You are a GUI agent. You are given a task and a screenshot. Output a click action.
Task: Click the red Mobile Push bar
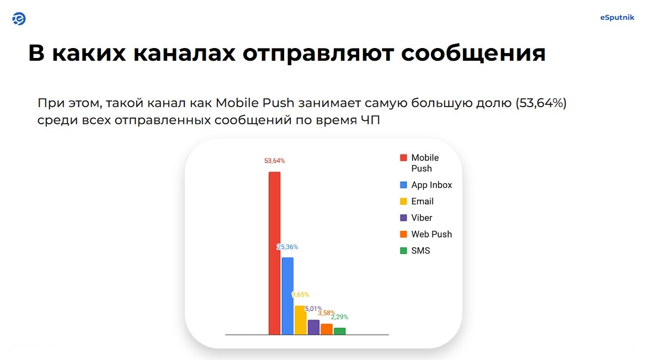[274, 253]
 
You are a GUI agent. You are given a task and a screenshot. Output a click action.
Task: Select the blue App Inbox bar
[287, 297]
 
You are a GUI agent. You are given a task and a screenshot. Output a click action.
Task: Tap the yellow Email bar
[300, 320]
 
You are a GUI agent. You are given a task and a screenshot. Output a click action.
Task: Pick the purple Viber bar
[313, 327]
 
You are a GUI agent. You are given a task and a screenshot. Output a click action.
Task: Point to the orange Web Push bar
[327, 329]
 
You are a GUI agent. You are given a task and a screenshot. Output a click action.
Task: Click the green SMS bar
[340, 331]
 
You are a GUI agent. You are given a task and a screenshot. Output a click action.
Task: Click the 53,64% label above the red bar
[274, 161]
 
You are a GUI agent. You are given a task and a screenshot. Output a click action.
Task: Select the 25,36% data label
[287, 247]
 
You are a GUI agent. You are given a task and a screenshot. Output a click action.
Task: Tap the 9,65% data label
[300, 295]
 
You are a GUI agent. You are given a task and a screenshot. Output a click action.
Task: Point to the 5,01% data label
[313, 309]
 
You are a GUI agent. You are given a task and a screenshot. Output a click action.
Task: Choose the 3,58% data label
[327, 313]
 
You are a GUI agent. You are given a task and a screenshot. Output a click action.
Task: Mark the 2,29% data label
[340, 317]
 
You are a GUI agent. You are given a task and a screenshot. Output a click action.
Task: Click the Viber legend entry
[416, 218]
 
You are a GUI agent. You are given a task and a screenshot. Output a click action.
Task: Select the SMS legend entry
[415, 251]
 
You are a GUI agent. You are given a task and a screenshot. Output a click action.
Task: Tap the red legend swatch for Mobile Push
[403, 157]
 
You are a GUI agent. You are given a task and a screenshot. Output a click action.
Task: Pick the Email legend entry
[417, 201]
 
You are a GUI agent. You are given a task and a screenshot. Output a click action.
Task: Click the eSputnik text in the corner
[617, 17]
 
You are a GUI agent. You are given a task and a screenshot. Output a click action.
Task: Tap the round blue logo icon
[19, 19]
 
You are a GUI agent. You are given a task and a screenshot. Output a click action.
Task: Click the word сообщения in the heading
[473, 54]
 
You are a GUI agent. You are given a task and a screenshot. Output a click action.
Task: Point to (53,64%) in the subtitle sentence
[541, 103]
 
